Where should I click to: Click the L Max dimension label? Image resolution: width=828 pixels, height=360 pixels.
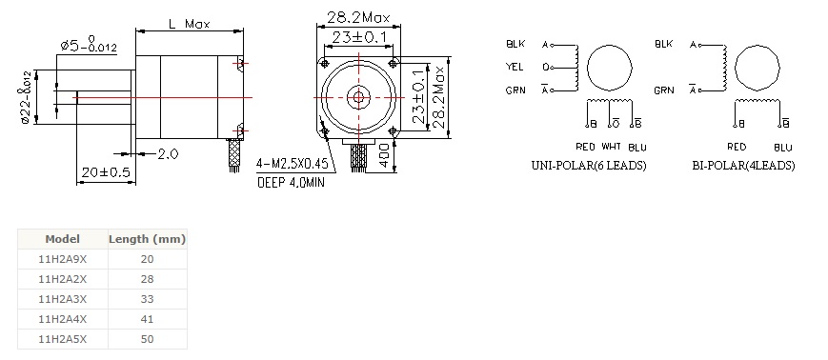click(x=189, y=24)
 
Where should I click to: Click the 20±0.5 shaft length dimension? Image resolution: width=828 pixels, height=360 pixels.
click(x=106, y=172)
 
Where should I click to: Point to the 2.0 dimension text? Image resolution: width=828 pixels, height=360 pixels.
click(x=168, y=154)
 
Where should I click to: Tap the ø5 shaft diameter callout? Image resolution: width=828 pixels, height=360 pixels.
click(x=89, y=45)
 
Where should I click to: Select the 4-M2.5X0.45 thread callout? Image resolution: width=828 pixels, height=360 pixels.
click(x=292, y=164)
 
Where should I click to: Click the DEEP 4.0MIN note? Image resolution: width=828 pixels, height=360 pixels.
click(x=291, y=183)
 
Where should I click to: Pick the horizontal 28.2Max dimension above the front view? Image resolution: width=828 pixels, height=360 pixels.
click(x=358, y=17)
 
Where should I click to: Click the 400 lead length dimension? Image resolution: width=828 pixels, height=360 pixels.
click(x=385, y=155)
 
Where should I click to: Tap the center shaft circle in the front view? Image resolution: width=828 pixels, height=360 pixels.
click(x=358, y=97)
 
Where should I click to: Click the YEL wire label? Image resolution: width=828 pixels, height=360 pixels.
click(x=514, y=67)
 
